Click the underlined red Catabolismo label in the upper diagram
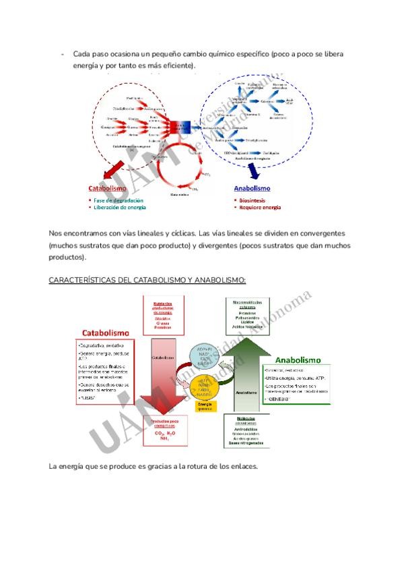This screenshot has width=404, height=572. pos(108,189)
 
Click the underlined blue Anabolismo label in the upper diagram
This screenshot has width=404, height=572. pos(252,189)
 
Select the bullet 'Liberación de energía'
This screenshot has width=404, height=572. pos(120,207)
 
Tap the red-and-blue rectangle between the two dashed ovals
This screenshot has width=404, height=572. pos(180,127)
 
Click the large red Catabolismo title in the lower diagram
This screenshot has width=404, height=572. pos(106,333)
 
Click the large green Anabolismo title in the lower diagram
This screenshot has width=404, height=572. pos(298,360)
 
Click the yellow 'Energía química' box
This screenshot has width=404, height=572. pos(203,405)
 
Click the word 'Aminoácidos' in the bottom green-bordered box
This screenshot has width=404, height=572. pos(245,429)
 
